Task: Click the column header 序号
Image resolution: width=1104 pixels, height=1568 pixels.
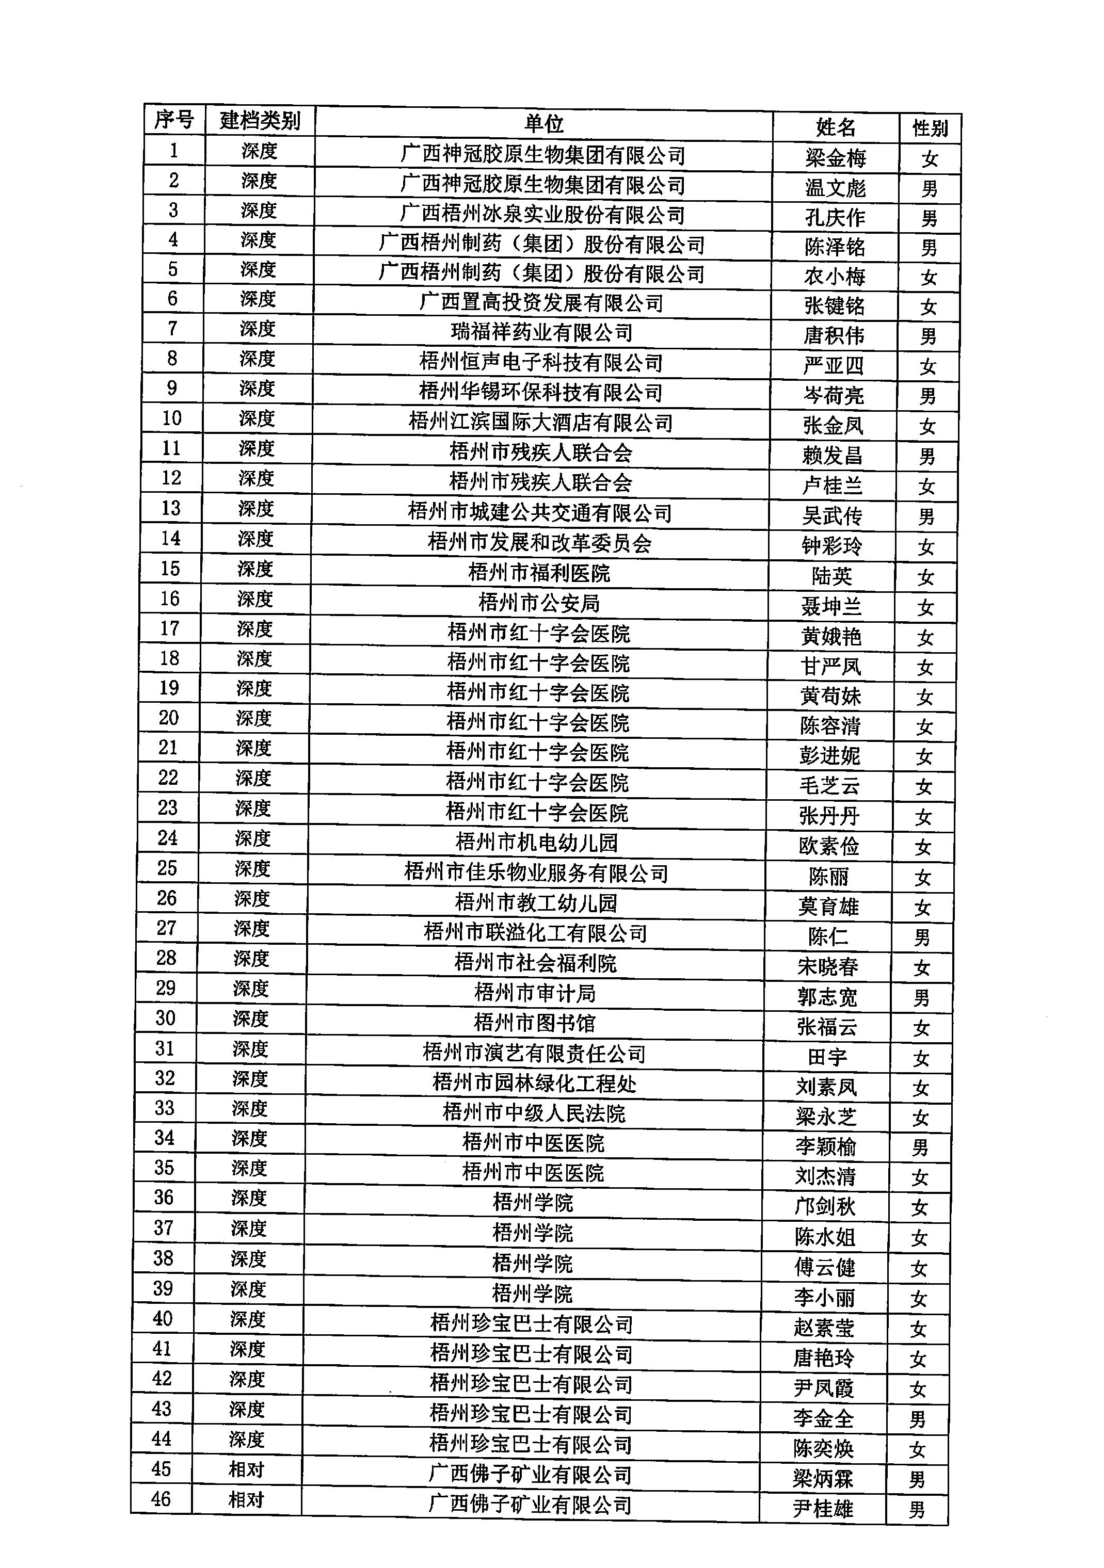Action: coord(173,120)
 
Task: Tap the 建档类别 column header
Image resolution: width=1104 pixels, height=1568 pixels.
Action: coord(260,121)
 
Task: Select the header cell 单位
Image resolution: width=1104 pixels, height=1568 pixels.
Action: coord(543,124)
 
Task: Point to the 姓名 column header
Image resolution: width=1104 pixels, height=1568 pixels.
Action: coord(835,127)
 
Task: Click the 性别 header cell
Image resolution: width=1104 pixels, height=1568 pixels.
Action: coord(930,128)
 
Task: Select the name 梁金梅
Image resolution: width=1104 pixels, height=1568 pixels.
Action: coord(835,158)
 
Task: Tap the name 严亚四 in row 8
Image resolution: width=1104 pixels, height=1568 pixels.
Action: coord(834,365)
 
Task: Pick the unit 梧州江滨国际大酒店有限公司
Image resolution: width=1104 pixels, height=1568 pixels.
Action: coord(540,423)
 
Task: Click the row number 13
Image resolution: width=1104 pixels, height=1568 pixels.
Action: coord(171,508)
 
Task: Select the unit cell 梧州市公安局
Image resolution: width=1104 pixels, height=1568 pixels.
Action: coord(539,603)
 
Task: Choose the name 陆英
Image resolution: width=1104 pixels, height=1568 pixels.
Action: coord(831,576)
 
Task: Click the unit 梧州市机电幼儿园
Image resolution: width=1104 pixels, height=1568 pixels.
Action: coord(536,842)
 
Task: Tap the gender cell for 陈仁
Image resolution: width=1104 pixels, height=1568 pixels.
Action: coord(922,937)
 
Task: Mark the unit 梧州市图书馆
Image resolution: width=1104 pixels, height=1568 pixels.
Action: coord(534,1023)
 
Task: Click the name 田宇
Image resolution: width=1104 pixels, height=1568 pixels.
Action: coord(827,1057)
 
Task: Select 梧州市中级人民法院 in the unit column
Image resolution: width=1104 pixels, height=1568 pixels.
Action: coord(534,1113)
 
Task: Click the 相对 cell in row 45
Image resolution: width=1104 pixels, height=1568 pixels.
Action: coord(246,1469)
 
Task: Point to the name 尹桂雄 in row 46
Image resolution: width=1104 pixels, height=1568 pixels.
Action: coord(823,1509)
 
